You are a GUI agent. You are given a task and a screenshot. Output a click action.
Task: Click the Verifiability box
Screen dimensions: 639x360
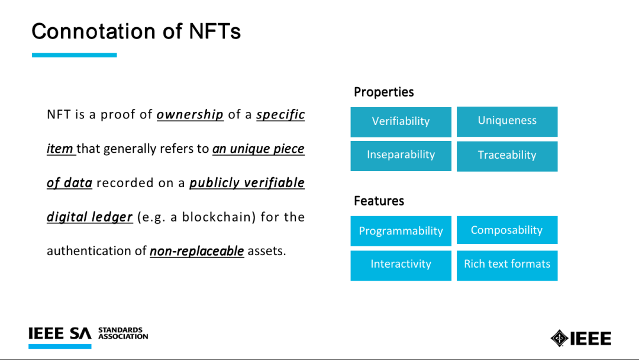(x=401, y=122)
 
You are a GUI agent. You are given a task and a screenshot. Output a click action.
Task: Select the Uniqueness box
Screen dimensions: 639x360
(x=507, y=121)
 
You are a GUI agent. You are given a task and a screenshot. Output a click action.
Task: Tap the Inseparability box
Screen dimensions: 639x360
(x=401, y=156)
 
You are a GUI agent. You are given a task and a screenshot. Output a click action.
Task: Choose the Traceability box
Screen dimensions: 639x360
(x=507, y=156)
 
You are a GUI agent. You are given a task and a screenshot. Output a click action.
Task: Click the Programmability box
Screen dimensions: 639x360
(x=401, y=231)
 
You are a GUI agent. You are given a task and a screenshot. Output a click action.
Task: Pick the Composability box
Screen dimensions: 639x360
(x=507, y=230)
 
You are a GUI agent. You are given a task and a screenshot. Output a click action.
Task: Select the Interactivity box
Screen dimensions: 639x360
(x=401, y=265)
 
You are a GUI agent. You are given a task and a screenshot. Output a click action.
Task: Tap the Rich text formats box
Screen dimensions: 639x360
(x=507, y=265)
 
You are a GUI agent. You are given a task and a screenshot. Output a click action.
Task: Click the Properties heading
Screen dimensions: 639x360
(x=383, y=92)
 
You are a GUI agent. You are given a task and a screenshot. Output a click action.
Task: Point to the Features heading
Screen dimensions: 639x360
(x=379, y=201)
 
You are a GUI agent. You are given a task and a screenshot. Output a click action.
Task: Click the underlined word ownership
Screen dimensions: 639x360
(x=190, y=114)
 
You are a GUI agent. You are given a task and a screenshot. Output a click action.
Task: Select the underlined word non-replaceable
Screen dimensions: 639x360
(x=197, y=251)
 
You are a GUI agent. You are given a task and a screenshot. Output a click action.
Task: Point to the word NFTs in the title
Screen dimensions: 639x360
(x=215, y=31)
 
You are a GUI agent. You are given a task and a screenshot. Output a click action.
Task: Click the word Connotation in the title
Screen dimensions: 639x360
(x=93, y=31)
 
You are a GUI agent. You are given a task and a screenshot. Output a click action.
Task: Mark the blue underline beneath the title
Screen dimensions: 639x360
(x=74, y=55)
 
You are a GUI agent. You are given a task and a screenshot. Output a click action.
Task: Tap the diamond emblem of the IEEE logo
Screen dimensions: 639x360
(x=559, y=339)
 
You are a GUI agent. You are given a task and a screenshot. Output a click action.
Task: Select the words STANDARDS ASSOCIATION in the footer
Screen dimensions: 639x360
(x=123, y=333)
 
